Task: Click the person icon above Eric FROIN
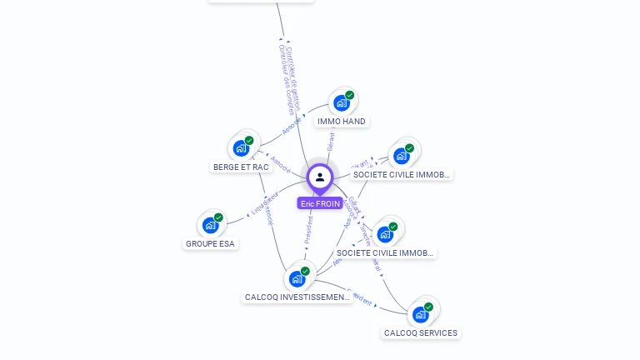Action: (x=320, y=177)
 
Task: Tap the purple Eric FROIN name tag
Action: (x=320, y=203)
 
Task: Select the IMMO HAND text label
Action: (x=342, y=122)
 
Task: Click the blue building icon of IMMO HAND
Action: (x=341, y=103)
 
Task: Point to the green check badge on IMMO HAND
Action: (x=350, y=95)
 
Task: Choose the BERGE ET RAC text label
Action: (x=241, y=167)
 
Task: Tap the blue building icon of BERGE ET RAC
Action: (x=242, y=148)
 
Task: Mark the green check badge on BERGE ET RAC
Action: (x=249, y=141)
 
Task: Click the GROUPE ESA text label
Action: (x=210, y=244)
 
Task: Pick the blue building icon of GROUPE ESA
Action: (x=210, y=225)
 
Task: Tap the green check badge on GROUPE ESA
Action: (x=218, y=217)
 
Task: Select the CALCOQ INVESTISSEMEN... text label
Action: (x=297, y=297)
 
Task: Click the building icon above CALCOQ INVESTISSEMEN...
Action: (x=297, y=279)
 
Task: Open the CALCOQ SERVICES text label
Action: (x=421, y=333)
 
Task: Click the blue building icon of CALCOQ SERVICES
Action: (x=420, y=315)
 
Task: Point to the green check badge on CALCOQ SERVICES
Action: (x=428, y=307)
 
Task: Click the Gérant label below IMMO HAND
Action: (x=331, y=141)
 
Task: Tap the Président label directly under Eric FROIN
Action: (x=308, y=230)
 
